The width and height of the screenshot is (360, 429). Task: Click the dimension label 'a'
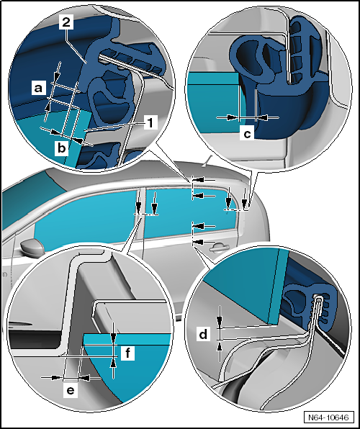(38, 88)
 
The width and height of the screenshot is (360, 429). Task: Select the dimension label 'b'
(62, 148)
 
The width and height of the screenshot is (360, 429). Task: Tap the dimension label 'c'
(247, 134)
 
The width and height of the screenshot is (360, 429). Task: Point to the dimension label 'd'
(203, 334)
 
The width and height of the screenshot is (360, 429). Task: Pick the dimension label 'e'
(71, 391)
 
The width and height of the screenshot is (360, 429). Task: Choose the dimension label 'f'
(128, 353)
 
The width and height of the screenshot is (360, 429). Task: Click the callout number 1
(150, 122)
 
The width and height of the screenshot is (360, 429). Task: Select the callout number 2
(66, 22)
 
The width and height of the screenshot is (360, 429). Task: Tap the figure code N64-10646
(328, 417)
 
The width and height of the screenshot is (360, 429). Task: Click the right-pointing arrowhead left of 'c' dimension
(233, 117)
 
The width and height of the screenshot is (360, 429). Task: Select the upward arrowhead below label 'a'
(48, 107)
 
